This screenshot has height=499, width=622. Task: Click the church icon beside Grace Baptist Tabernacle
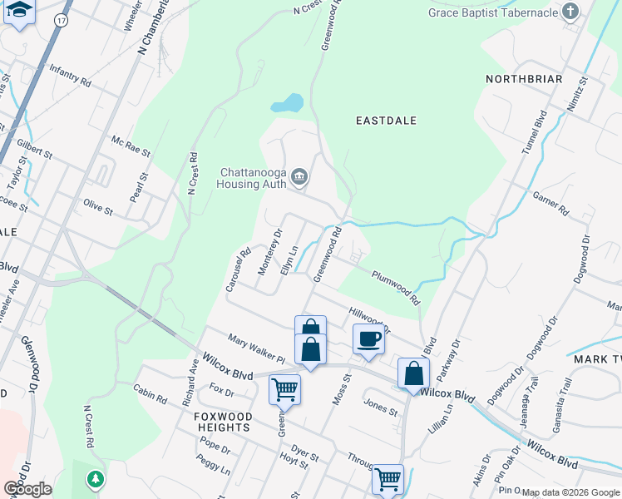point(570,12)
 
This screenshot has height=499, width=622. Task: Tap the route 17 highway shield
point(60,18)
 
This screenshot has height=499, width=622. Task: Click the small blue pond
point(287,104)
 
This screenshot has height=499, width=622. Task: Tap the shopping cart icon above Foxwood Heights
point(284,388)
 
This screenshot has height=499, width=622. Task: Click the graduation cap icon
point(18,12)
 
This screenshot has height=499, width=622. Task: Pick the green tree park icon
point(96,479)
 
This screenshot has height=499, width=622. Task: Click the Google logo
point(27,488)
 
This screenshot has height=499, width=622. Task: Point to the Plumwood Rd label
point(396,287)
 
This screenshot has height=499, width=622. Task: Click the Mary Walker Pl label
point(257,348)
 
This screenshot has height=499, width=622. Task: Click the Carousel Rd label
point(238,270)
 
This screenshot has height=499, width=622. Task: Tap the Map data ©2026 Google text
point(570,492)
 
